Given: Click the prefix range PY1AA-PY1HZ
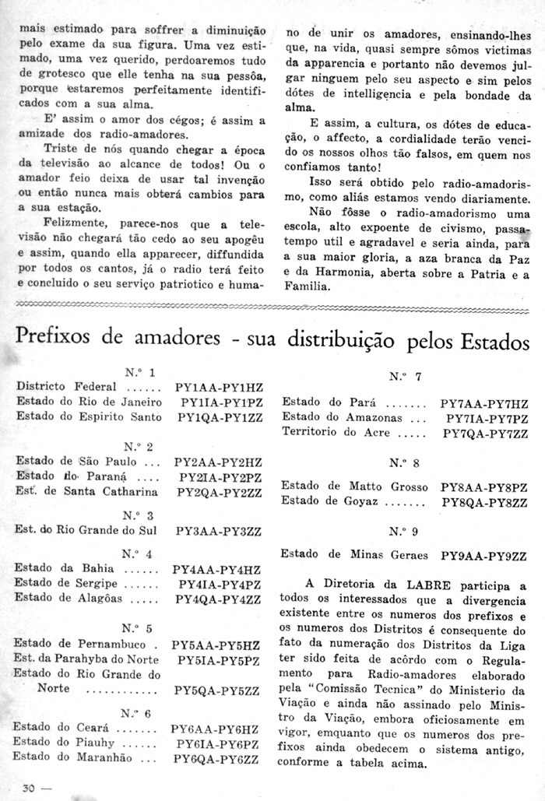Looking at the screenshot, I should click(219, 386).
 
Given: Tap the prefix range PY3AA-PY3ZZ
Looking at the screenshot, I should click(219, 531).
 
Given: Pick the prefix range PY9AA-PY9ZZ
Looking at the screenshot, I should click(484, 556).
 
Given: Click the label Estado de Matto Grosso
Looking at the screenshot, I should click(354, 486).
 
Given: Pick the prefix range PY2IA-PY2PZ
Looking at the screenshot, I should click(219, 477).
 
